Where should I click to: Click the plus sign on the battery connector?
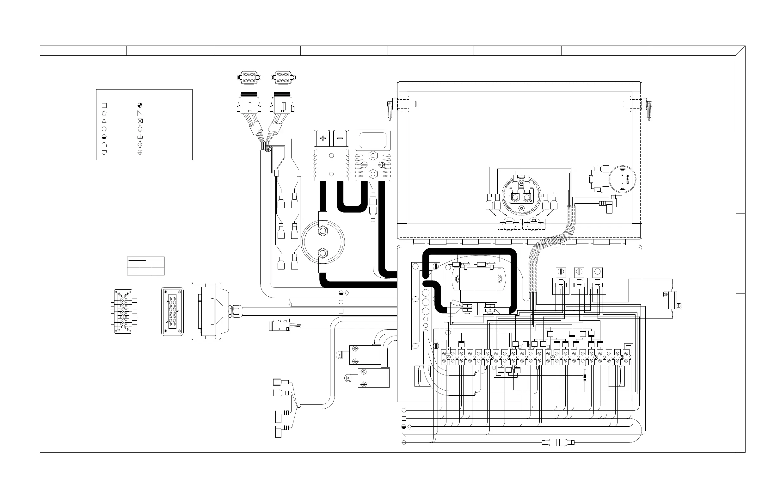pyautogui.click(x=322, y=138)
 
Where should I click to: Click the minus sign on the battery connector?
pyautogui.click(x=340, y=138)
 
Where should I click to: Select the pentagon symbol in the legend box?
pyautogui.click(x=104, y=113)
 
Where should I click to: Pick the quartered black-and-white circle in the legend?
pyautogui.click(x=140, y=105)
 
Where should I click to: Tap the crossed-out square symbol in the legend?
pyautogui.click(x=140, y=121)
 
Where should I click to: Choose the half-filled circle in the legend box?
pyautogui.click(x=104, y=137)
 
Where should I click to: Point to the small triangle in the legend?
pyautogui.click(x=104, y=121)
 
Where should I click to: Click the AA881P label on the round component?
pyautogui.click(x=627, y=179)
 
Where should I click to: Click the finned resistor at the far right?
pyautogui.click(x=672, y=300)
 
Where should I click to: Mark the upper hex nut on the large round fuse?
pyautogui.click(x=322, y=231)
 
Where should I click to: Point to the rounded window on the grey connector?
pyautogui.click(x=373, y=140)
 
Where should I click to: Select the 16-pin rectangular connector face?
pyautogui.click(x=172, y=311)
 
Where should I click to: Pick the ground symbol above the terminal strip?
pyautogui.click(x=448, y=351)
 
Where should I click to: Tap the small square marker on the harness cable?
pyautogui.click(x=341, y=311)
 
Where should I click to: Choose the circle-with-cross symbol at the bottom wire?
pyautogui.click(x=404, y=442)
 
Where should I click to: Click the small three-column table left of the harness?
pyautogui.click(x=146, y=266)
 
